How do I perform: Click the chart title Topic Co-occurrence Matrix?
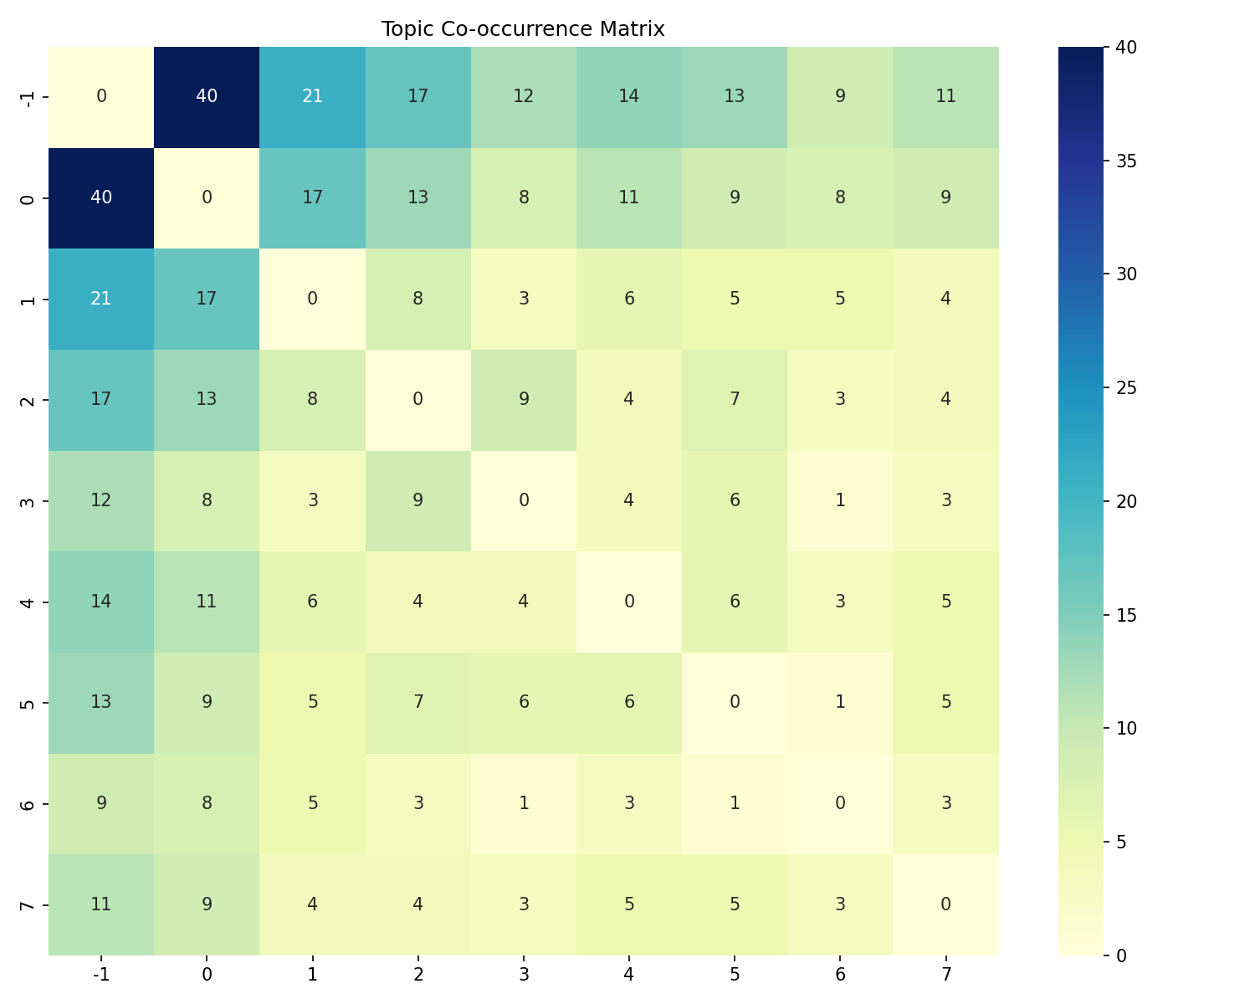click(x=523, y=28)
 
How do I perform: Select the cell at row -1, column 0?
click(x=207, y=97)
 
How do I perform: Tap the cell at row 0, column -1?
click(x=101, y=198)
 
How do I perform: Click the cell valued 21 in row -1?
click(x=312, y=97)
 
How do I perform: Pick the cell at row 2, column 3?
click(x=523, y=400)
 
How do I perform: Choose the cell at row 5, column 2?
click(x=417, y=703)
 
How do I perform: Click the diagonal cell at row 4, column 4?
click(x=628, y=602)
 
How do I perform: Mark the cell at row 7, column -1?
click(x=101, y=904)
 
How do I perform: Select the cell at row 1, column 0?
click(x=207, y=300)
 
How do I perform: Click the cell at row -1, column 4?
click(x=628, y=97)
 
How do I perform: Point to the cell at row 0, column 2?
click(x=417, y=198)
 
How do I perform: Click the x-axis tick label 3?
click(x=524, y=974)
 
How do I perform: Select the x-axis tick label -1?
click(x=101, y=974)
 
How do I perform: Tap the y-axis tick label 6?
click(x=28, y=805)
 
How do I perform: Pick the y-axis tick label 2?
click(x=28, y=401)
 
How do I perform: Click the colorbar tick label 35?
click(x=1126, y=161)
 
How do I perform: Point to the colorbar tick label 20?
click(x=1126, y=502)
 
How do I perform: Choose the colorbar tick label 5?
click(x=1121, y=843)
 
